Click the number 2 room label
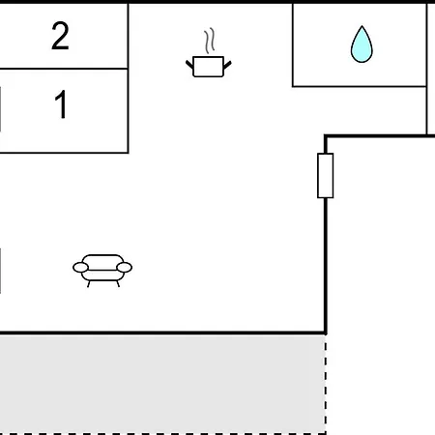coord(60,36)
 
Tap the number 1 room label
coord(61,104)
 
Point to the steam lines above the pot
coord(210,41)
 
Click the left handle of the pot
coord(189,65)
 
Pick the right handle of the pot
coord(227,65)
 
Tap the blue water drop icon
coord(362,44)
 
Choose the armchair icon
coord(102,271)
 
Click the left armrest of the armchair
coord(80,268)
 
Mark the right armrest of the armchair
coord(125,268)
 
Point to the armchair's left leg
coord(89,283)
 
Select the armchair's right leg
coord(118,283)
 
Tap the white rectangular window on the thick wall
coord(326,176)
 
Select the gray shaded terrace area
coord(162,384)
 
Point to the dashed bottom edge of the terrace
coord(162,434)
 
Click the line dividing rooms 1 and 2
coord(64,69)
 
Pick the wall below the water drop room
coord(360,86)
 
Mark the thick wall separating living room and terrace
coord(162,333)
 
